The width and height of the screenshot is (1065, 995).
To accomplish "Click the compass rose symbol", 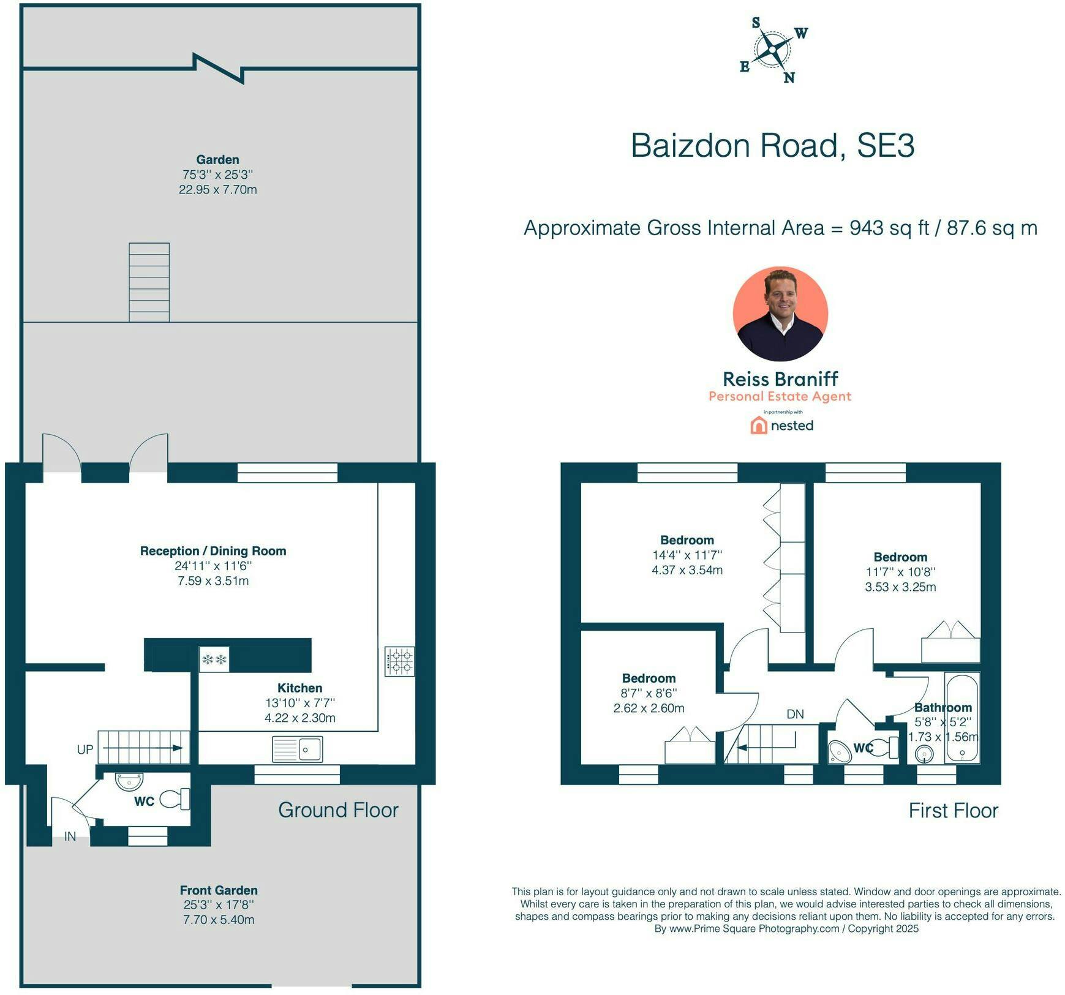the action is click(x=773, y=50).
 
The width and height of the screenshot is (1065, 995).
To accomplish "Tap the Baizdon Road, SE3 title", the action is click(x=772, y=146).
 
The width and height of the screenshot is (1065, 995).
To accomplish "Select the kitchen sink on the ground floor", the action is click(x=297, y=749).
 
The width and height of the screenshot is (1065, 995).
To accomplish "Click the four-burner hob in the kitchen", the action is click(x=399, y=661).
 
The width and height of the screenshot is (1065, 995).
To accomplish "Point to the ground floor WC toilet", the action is click(x=175, y=799).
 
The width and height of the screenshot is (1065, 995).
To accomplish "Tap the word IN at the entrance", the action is click(x=70, y=836).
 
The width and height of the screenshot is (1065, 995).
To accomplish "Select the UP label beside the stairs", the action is click(x=85, y=749).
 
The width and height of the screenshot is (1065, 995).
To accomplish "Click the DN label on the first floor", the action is click(x=795, y=714).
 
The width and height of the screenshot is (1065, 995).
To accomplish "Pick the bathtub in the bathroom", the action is click(x=962, y=718).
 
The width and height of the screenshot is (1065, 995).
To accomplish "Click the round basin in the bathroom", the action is click(x=925, y=753).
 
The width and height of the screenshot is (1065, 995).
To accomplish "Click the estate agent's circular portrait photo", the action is click(x=780, y=314).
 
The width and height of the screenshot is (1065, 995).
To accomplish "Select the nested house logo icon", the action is click(x=759, y=426).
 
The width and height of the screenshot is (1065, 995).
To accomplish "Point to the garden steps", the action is click(x=149, y=282).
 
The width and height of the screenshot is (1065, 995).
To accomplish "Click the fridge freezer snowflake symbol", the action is click(x=214, y=659).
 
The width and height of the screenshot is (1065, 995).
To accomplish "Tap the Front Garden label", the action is click(x=219, y=890).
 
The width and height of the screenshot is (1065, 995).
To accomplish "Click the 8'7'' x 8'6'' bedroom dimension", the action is click(x=649, y=693).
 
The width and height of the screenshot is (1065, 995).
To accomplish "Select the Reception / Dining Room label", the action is click(x=213, y=551).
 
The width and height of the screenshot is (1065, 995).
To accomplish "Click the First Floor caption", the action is click(x=954, y=811).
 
